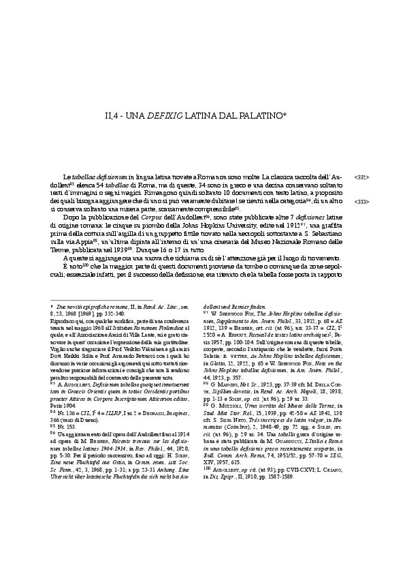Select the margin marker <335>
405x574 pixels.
[362, 177]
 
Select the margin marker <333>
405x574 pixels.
[362, 202]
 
